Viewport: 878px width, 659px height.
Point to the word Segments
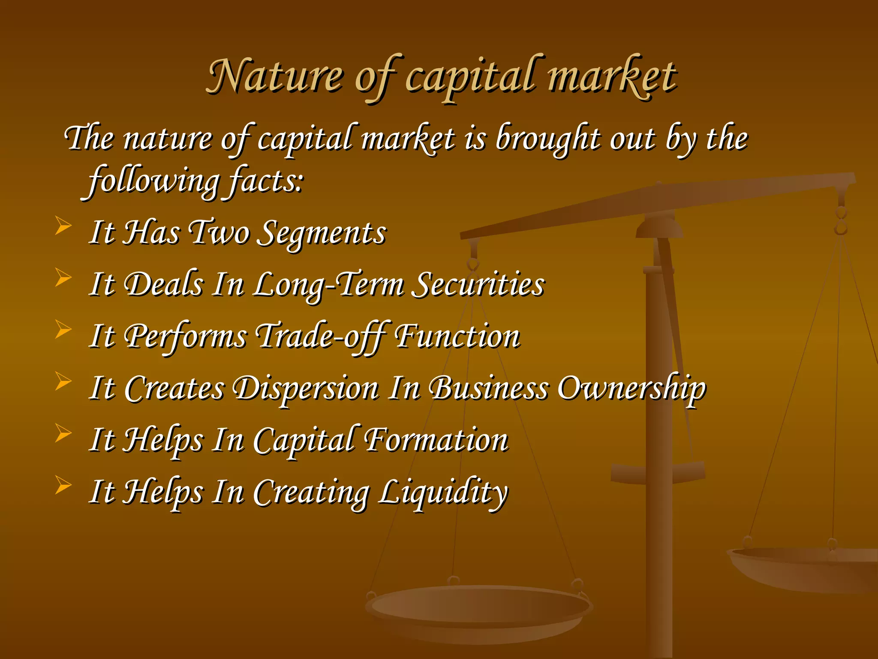pyautogui.click(x=324, y=233)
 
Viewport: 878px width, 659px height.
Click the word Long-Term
pyautogui.click(x=328, y=285)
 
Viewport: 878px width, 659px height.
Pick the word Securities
pyautogui.click(x=478, y=285)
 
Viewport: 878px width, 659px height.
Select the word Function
pyautogui.click(x=457, y=336)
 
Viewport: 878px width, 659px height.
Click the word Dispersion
pyautogui.click(x=306, y=388)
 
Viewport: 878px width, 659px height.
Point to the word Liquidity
pyautogui.click(x=443, y=493)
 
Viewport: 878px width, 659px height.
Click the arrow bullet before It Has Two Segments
pyautogui.click(x=63, y=226)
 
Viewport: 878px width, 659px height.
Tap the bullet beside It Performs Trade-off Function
pyautogui.click(x=63, y=329)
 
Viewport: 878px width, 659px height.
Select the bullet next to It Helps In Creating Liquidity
pyautogui.click(x=63, y=486)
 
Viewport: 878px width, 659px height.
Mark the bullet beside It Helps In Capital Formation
pyautogui.click(x=63, y=433)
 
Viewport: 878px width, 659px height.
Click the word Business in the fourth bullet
pyautogui.click(x=489, y=388)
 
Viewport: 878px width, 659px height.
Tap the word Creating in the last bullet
pyautogui.click(x=311, y=493)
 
